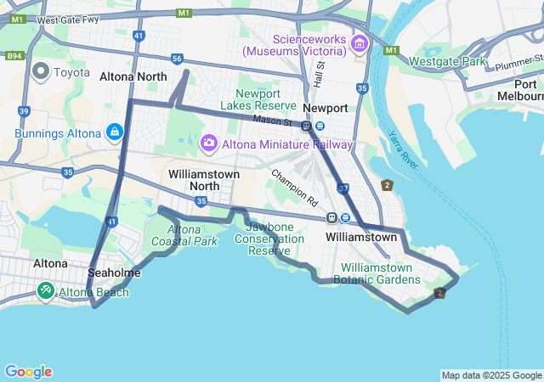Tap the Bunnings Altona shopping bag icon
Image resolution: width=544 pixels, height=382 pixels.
114,132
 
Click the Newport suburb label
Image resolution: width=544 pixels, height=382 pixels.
326,109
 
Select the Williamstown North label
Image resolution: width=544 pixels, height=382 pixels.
204,179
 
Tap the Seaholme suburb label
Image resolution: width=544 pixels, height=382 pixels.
114,273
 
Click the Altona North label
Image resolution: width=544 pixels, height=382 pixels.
133,76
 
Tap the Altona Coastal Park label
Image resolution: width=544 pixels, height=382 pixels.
184,235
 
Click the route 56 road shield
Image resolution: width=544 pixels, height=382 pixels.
177,59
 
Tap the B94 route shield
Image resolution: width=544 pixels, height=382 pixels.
14,56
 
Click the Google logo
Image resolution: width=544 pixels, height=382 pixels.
28,372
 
